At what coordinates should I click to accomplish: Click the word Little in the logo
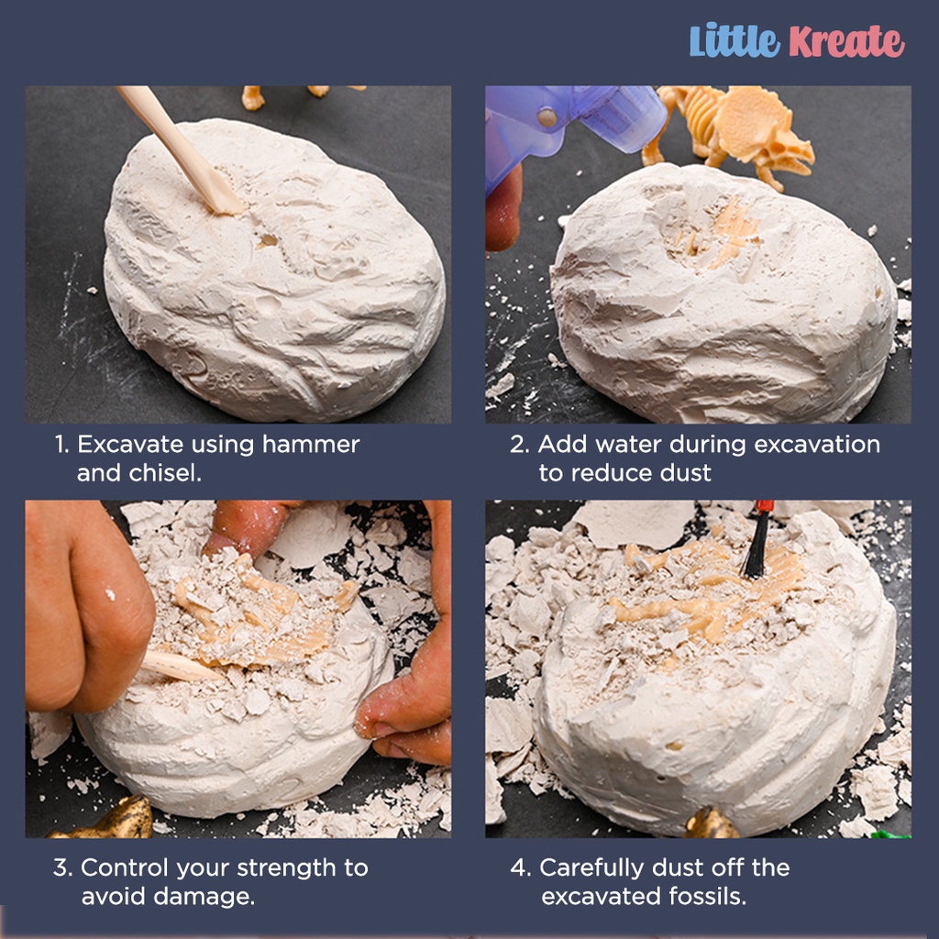[x=735, y=40]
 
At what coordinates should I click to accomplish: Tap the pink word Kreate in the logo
[x=846, y=41]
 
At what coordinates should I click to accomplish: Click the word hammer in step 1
[x=311, y=445]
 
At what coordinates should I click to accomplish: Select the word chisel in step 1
[x=165, y=473]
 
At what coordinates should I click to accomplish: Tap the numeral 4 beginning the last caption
[x=519, y=867]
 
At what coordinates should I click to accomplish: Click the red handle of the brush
[x=764, y=507]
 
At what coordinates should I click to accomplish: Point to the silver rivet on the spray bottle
[x=547, y=116]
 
